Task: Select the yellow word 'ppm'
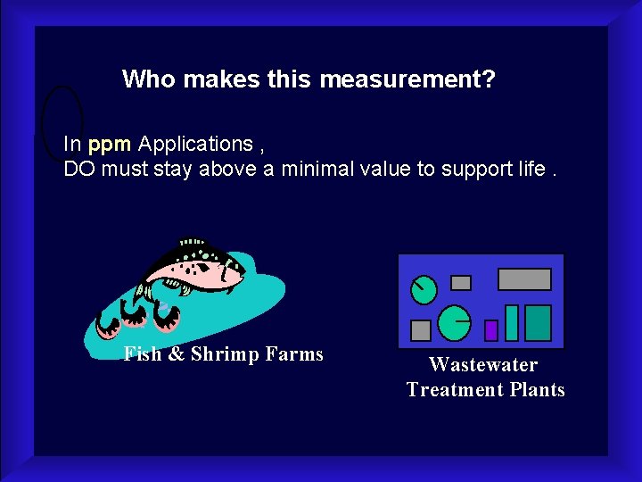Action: click(110, 144)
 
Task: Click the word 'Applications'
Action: click(195, 144)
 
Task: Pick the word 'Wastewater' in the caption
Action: click(483, 364)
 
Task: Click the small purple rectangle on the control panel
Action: click(490, 330)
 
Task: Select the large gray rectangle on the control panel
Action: click(524, 279)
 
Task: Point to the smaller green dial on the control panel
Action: click(424, 288)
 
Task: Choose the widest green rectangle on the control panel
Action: click(538, 322)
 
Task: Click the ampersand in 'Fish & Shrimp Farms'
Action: click(176, 354)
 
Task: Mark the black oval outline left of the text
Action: click(62, 120)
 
